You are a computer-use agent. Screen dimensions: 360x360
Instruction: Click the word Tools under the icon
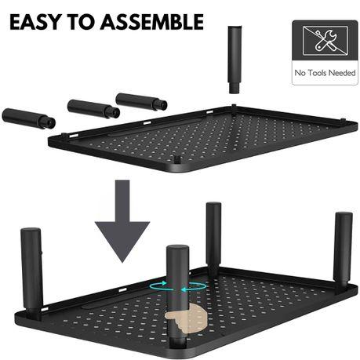click(x=318, y=75)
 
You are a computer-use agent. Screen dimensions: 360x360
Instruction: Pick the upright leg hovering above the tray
click(x=235, y=58)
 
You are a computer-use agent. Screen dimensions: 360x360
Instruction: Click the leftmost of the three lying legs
click(x=28, y=118)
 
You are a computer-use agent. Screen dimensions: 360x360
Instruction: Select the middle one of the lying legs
click(x=93, y=108)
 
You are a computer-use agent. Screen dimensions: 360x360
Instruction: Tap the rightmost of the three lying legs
click(x=141, y=102)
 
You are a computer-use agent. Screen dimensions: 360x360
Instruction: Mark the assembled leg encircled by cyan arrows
click(x=177, y=271)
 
